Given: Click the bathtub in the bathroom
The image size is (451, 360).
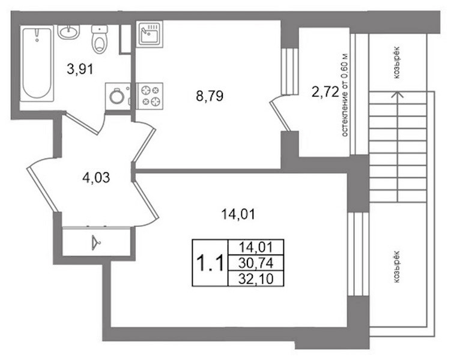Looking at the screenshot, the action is (x=37, y=63).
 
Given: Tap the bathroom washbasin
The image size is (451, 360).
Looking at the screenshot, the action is (x=68, y=32).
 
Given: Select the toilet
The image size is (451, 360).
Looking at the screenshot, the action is (x=100, y=39).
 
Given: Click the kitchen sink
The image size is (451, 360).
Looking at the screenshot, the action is (x=150, y=34).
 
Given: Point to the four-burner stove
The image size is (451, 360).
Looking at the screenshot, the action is (x=150, y=96).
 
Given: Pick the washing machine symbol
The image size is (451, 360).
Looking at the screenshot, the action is (x=118, y=96).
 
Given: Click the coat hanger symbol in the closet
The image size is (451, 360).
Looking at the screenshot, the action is (x=96, y=243).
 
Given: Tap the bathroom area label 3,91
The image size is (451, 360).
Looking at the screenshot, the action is (x=80, y=69).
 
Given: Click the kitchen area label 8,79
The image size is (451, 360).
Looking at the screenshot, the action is (x=210, y=96).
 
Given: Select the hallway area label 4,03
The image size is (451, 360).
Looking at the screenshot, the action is (x=96, y=178).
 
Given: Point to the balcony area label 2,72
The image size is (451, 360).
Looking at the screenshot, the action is (x=325, y=92).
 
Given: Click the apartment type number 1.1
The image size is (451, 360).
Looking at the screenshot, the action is (x=210, y=263).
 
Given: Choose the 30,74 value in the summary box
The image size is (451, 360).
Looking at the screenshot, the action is (x=256, y=263).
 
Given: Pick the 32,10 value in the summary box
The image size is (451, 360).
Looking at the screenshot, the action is (x=256, y=278).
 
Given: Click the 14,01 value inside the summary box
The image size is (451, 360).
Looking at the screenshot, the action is (x=256, y=247).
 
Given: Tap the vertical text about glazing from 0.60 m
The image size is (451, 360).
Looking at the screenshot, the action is (x=345, y=95).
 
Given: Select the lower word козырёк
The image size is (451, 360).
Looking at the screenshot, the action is (x=396, y=266).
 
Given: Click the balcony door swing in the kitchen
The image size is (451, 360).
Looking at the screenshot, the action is (x=279, y=113).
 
